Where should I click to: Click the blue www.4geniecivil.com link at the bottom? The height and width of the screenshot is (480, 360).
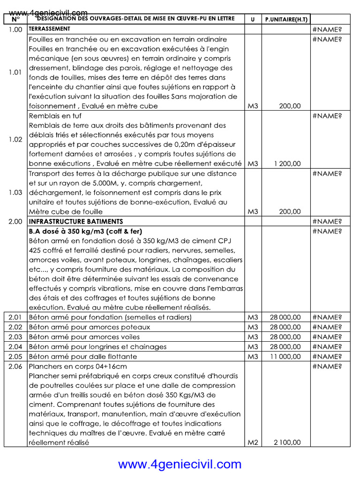point(180,464)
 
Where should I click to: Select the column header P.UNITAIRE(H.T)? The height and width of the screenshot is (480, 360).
point(286,20)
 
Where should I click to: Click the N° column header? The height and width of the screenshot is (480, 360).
point(15,20)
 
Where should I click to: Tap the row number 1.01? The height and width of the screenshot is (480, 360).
point(15,72)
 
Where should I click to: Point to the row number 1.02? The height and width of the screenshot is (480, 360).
point(15,140)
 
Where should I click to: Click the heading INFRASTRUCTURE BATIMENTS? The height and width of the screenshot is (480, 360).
point(76,221)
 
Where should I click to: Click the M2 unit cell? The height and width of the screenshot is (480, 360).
point(253,442)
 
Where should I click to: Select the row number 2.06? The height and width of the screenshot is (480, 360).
point(15,366)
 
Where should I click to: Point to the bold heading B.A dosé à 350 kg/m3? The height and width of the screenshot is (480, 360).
point(85,231)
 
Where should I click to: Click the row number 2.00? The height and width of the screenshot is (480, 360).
point(15,221)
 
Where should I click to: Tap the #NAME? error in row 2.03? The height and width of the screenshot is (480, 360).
point(327,337)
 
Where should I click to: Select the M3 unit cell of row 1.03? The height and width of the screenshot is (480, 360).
point(253,211)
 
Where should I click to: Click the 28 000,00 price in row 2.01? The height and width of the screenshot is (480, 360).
point(285,317)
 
